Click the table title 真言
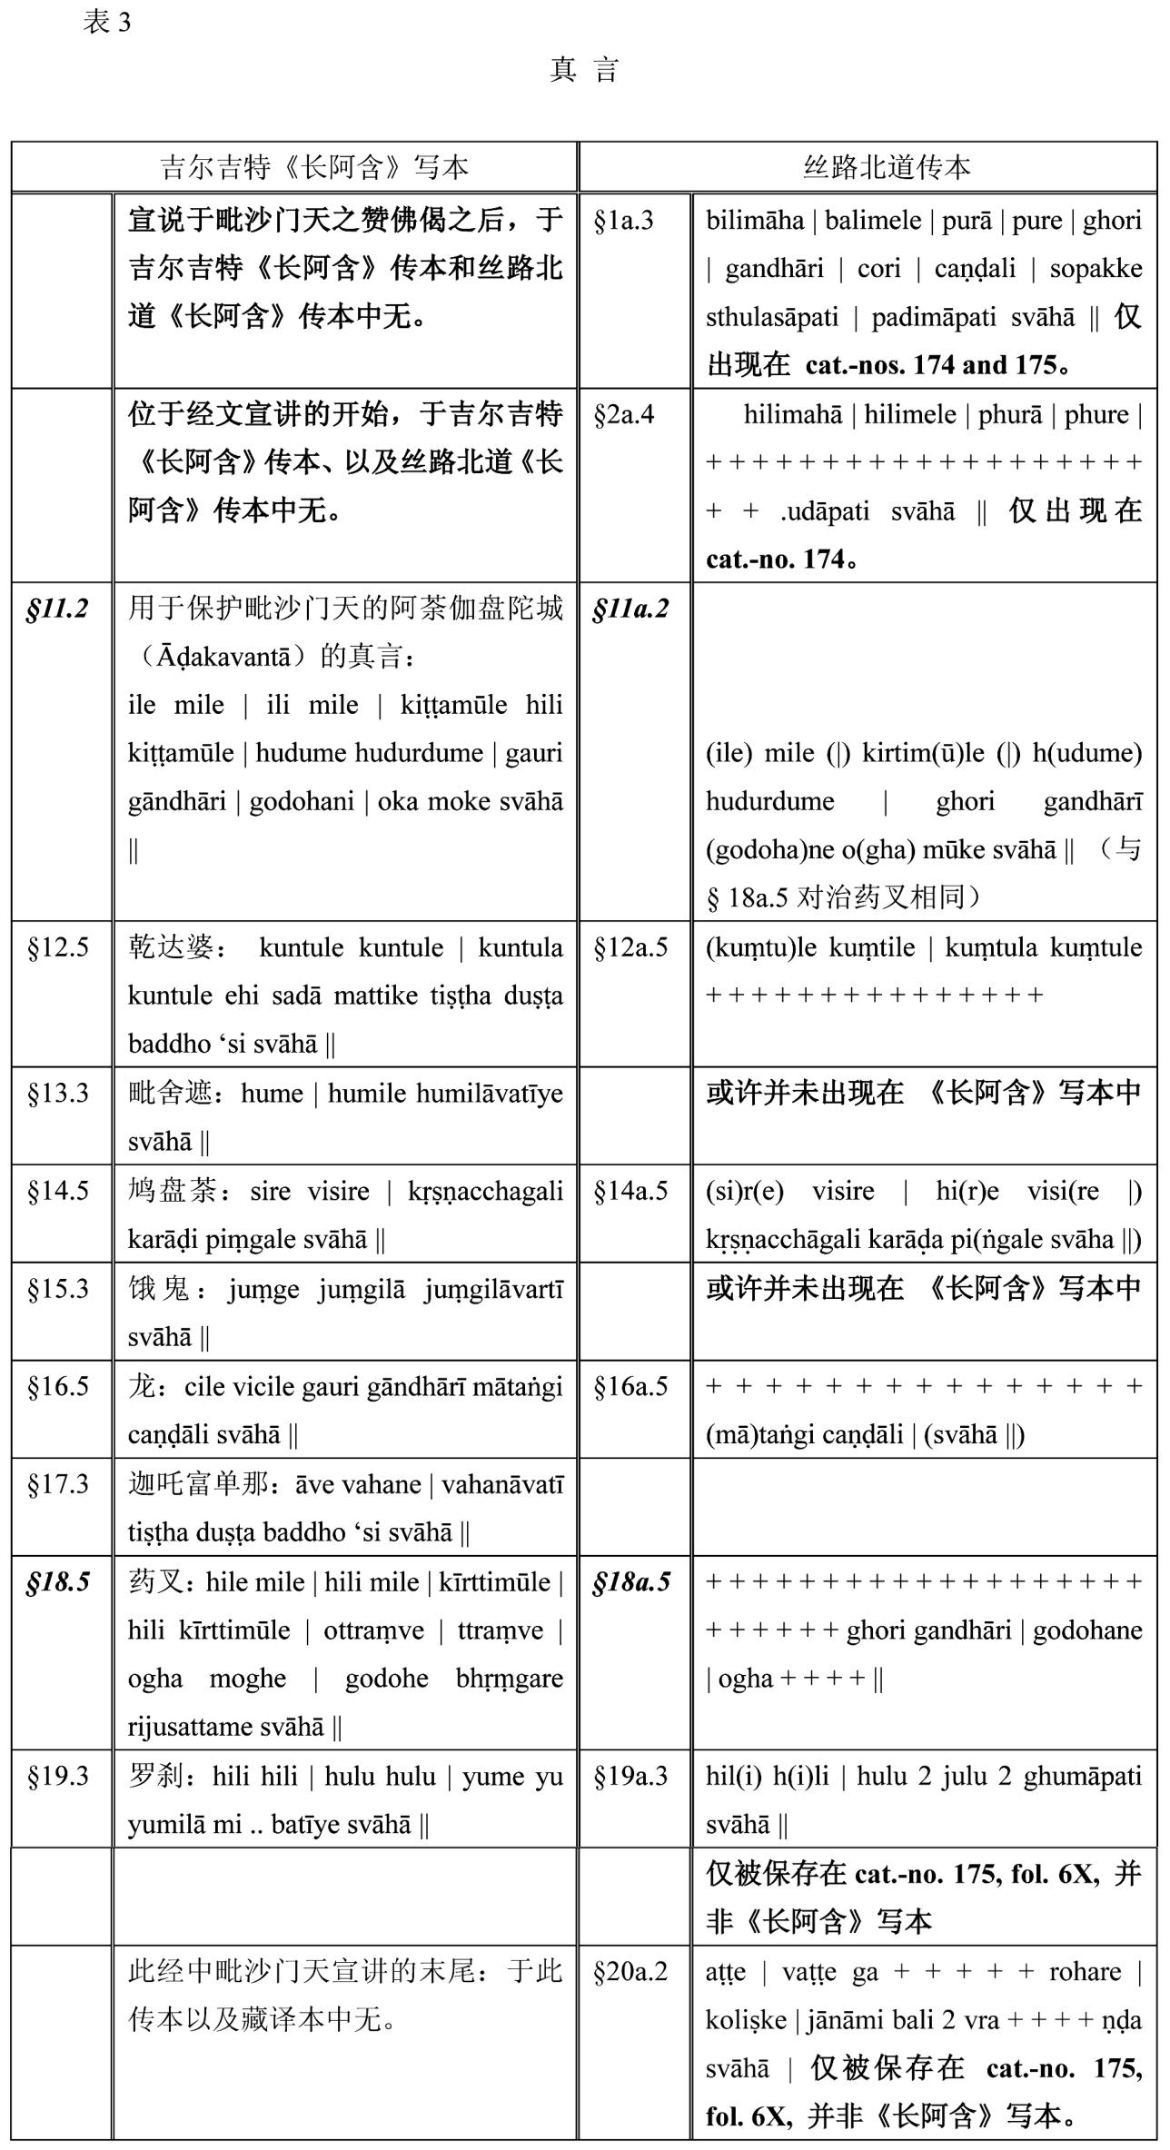pyautogui.click(x=584, y=70)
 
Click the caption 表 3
pyautogui.click(x=106, y=22)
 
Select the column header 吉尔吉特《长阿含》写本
pyautogui.click(x=314, y=167)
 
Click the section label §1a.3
pyautogui.click(x=623, y=221)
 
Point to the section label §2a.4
pyautogui.click(x=623, y=415)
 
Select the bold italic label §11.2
pyautogui.click(x=57, y=609)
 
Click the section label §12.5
pyautogui.click(x=57, y=947)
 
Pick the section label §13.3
pyautogui.click(x=57, y=1093)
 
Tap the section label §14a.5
pyautogui.click(x=630, y=1191)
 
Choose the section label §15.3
pyautogui.click(x=57, y=1288)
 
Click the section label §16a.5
pyautogui.click(x=630, y=1386)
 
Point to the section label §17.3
pyautogui.click(x=57, y=1484)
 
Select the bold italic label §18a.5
pyautogui.click(x=631, y=1582)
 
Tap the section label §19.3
pyautogui.click(x=57, y=1776)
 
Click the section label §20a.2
pyautogui.click(x=630, y=1971)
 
